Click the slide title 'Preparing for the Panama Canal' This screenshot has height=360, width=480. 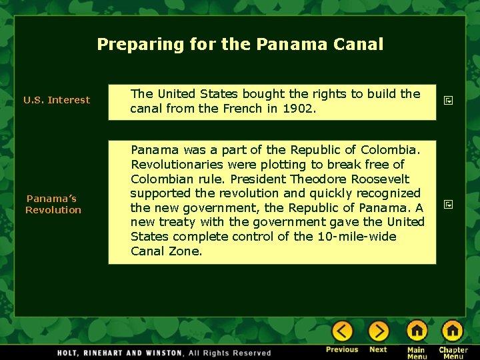pyautogui.click(x=240, y=45)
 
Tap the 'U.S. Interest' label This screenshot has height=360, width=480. pyautogui.click(x=57, y=100)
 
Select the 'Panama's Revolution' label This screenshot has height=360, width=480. pyautogui.click(x=53, y=204)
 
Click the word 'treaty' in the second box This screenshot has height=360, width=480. pyautogui.click(x=175, y=222)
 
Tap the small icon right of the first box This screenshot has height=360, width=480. pyautogui.click(x=449, y=100)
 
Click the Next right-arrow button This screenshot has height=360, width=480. pyautogui.click(x=378, y=331)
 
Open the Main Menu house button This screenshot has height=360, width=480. pyautogui.click(x=417, y=331)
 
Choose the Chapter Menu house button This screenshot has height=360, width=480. pyautogui.click(x=453, y=331)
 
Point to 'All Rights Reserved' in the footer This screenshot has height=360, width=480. pyautogui.click(x=229, y=353)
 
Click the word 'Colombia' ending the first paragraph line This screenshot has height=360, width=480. pyautogui.click(x=395, y=150)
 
